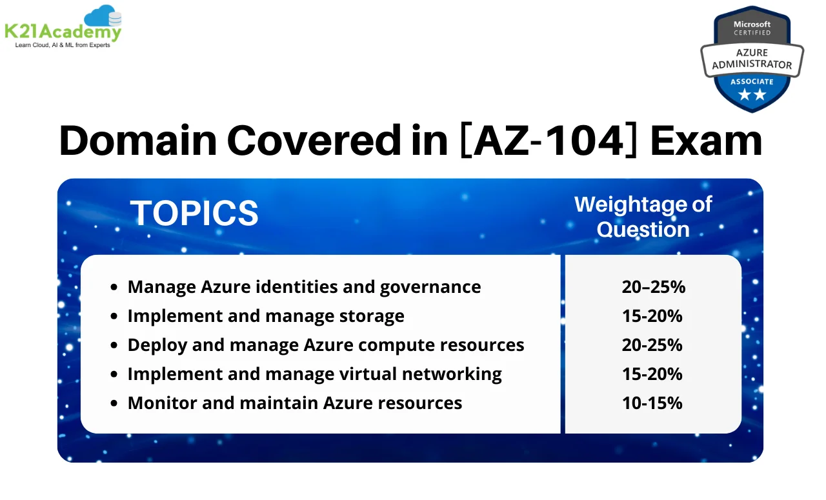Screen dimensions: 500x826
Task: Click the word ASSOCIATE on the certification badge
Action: coord(752,82)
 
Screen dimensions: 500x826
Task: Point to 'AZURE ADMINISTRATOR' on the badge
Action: coord(752,60)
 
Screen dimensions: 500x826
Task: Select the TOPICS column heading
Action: coord(194,214)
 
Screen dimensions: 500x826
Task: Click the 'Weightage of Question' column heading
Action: coord(643,216)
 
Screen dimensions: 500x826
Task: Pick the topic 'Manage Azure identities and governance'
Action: coord(304,287)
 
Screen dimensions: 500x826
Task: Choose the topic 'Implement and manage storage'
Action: coord(266,316)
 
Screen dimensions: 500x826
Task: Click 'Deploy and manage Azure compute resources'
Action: coord(326,345)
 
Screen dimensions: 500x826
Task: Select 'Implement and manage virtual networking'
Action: coord(314,374)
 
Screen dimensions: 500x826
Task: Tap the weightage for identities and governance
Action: coord(653,287)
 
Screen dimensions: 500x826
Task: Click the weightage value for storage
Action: coord(652,316)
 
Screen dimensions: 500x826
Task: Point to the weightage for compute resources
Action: coord(652,345)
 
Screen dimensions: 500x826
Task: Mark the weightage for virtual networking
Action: coord(652,374)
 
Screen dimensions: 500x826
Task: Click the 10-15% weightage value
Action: coord(652,403)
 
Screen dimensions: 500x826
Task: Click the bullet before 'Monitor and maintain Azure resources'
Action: coord(114,404)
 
